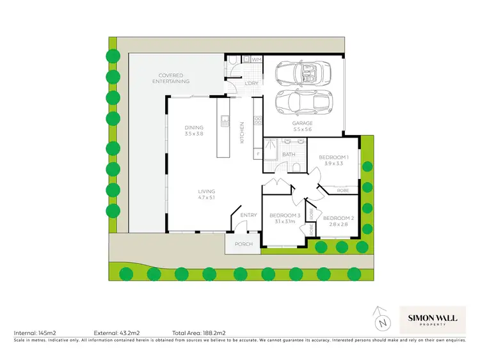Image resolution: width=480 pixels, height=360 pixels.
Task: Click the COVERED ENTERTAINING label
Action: pos(171,78)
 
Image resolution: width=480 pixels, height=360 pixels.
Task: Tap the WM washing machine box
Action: pos(256,60)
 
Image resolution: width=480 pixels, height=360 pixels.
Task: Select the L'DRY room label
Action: pos(251,84)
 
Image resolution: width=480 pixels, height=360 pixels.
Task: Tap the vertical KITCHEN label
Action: pos(242,132)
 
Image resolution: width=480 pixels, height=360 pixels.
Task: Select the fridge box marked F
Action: pos(258,154)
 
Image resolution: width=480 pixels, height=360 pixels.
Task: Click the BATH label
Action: pos(289,154)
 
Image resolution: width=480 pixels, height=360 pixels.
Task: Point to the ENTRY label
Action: pos(248,215)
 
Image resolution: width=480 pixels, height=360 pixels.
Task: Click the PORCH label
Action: pos(244,244)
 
